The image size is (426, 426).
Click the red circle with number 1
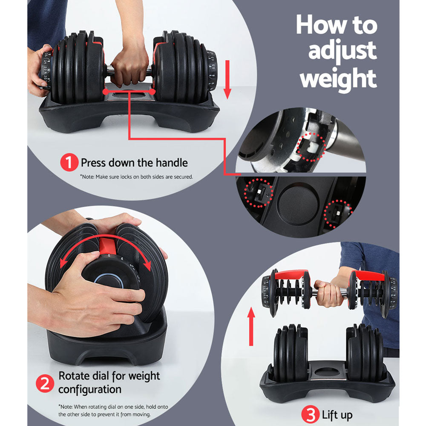pyautogui.click(x=69, y=163)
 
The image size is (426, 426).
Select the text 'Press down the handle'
pyautogui.click(x=134, y=163)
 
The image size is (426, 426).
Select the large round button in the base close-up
pyautogui.click(x=297, y=204)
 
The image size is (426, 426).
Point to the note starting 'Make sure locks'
pyautogui.click(x=136, y=176)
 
